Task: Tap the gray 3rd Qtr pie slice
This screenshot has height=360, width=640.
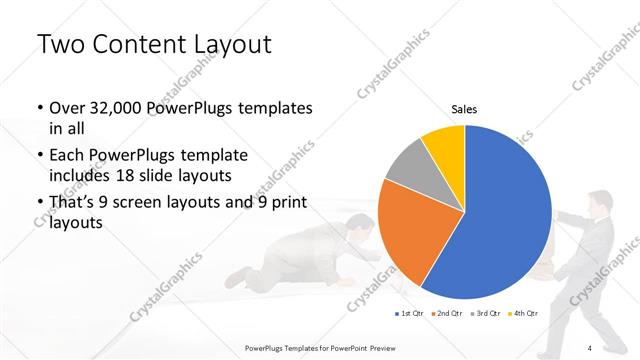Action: (405, 169)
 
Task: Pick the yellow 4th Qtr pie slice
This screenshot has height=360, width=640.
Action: (443, 144)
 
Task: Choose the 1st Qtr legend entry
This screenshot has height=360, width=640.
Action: (410, 314)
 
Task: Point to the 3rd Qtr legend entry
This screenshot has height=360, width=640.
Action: (487, 314)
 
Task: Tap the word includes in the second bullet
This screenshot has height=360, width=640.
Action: (79, 175)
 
